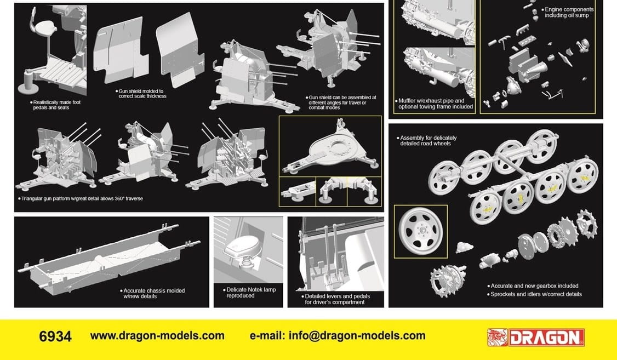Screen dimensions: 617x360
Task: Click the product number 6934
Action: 55,337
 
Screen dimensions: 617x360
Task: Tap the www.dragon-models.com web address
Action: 157,336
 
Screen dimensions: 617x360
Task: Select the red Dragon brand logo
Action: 535,338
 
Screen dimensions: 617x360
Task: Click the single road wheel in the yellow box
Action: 420,231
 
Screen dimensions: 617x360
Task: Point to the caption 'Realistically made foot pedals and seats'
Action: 55,105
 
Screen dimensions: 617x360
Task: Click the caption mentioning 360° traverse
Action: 81,199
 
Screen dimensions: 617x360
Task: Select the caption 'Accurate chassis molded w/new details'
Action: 153,294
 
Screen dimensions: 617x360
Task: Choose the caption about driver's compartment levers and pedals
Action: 336,299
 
